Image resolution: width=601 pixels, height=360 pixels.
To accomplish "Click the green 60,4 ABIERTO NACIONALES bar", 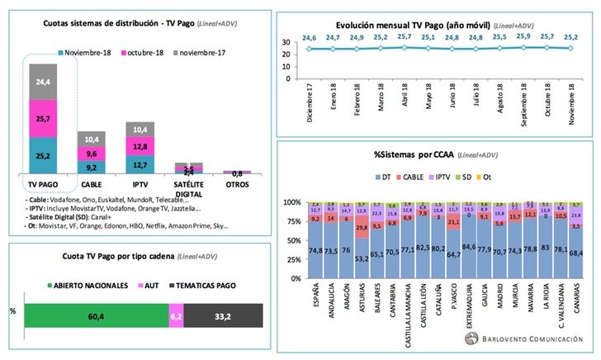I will pos(96,315).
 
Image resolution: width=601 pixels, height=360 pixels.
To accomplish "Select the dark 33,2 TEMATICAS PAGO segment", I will pos(223,315).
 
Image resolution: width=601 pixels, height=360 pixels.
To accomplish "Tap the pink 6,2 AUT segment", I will pos(176,315).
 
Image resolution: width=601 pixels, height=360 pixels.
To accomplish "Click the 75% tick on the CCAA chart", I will pos(292,221).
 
